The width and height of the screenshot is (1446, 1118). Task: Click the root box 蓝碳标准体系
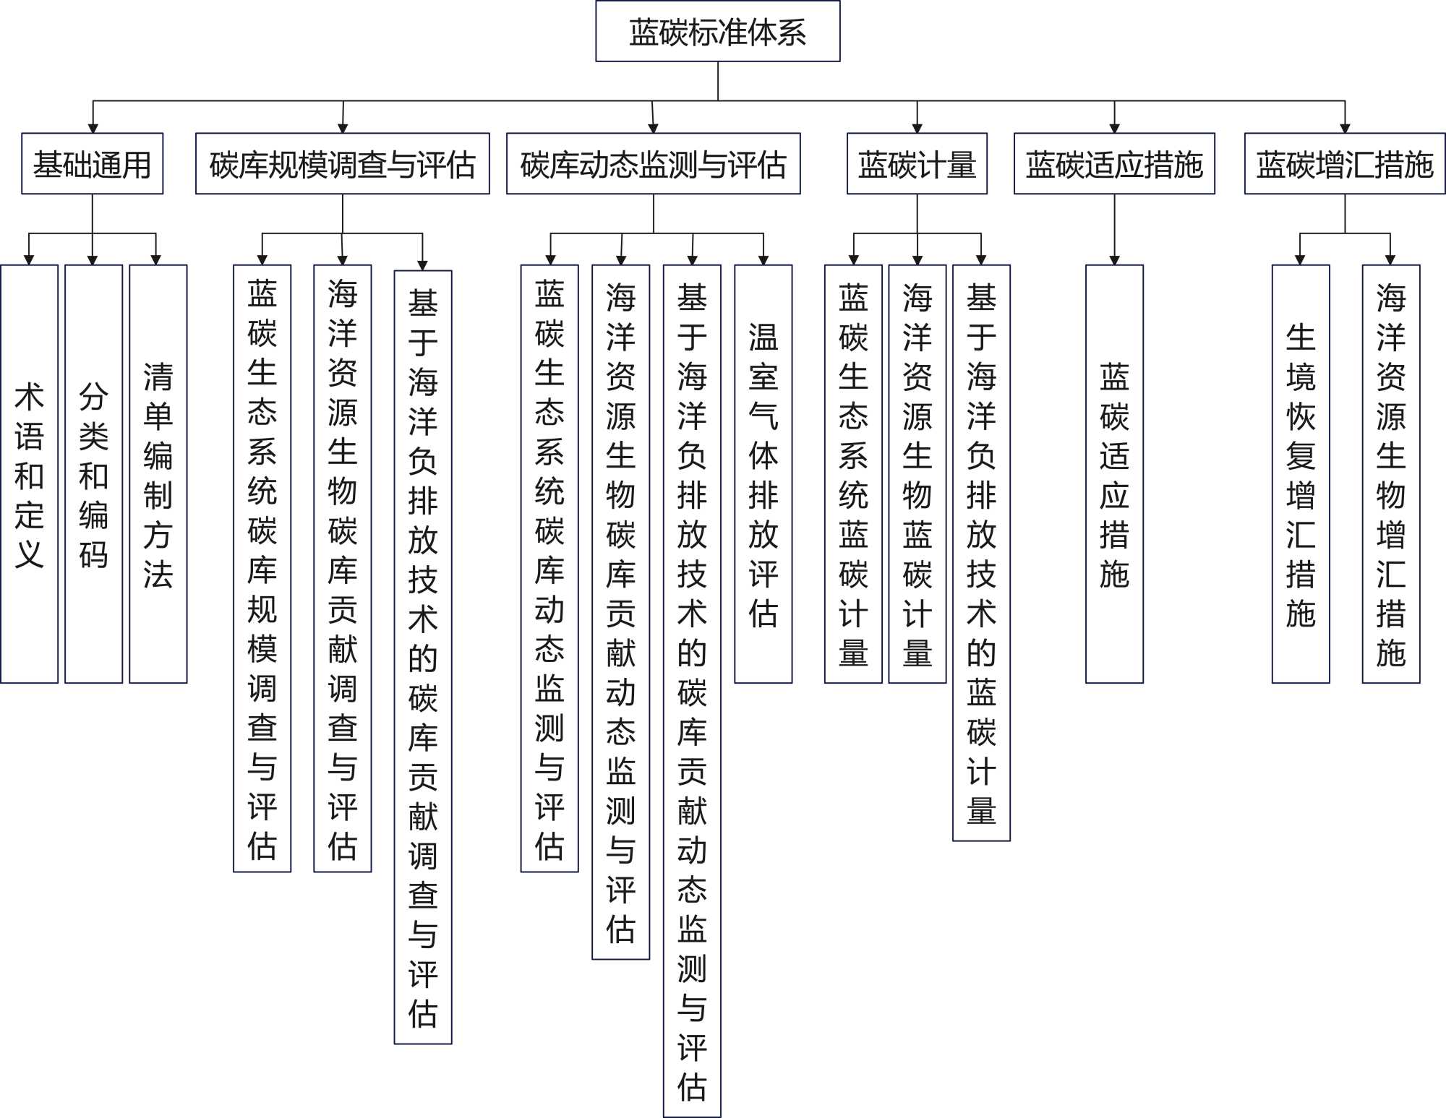(717, 32)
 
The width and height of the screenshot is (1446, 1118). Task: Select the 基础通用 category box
(92, 164)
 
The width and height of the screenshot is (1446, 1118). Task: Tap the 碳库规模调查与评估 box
(342, 164)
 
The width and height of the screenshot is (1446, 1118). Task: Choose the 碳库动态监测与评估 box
(653, 164)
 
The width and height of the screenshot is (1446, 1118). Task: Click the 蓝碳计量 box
(917, 164)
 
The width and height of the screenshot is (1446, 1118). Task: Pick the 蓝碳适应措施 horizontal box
(1114, 164)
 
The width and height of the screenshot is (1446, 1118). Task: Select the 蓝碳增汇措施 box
(1344, 164)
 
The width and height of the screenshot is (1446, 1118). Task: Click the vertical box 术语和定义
(29, 474)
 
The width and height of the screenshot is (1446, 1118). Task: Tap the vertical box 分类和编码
(93, 474)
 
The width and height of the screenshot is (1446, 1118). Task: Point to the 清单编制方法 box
(158, 474)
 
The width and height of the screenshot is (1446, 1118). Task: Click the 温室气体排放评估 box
(763, 474)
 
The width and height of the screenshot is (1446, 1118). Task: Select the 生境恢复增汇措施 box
(1300, 474)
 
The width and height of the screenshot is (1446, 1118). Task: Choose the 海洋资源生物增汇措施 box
(1390, 474)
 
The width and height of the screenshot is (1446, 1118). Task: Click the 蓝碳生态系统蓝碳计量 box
(853, 474)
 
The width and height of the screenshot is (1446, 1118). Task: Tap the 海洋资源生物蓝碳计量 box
(917, 474)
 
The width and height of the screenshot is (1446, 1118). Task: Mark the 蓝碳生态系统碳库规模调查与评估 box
(262, 568)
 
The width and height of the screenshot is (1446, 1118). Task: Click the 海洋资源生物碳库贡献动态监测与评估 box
(620, 611)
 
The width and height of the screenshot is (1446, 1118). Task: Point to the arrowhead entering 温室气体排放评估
(763, 259)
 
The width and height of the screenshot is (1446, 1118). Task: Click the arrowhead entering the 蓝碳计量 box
(917, 128)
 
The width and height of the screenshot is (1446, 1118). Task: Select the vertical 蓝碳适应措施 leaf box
(1114, 474)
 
